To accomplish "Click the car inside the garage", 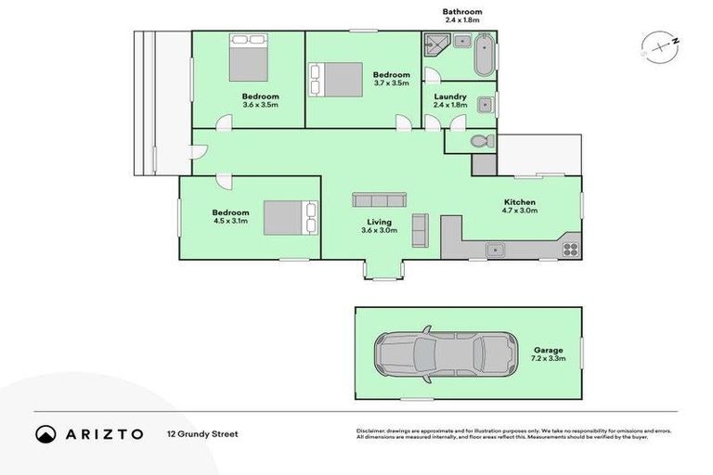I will point(446,353).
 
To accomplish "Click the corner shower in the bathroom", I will point(435,45).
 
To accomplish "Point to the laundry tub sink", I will point(485,104).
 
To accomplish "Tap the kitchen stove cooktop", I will point(569,249).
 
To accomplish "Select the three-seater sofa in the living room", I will point(378,199).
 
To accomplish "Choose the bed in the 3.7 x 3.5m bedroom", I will point(335,78).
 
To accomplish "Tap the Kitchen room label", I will point(520,203).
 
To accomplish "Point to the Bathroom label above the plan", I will point(461,12).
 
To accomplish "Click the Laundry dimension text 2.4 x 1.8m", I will point(449,105).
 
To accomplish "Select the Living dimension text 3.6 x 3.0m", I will point(379,231).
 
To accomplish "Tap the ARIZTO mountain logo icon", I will point(46,433).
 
